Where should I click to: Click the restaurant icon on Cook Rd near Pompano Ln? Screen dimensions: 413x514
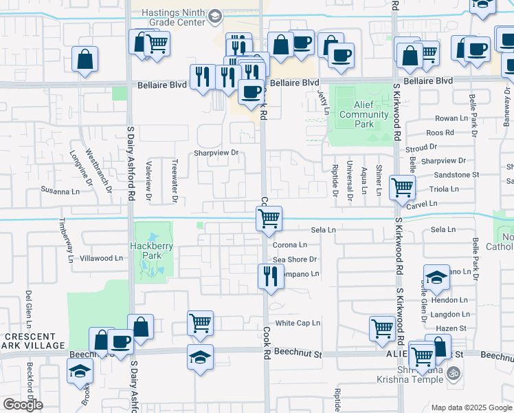269,277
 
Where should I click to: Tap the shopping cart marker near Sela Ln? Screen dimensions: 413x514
269,219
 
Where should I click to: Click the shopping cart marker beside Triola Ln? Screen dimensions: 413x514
401,187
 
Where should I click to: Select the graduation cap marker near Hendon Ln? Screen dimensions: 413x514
436,277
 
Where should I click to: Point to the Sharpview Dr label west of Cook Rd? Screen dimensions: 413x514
215,153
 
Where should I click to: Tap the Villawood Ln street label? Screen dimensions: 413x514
101,258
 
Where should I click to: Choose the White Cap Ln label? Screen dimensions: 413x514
298,323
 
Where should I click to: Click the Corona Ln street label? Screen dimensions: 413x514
289,244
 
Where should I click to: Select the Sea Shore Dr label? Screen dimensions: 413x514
294,260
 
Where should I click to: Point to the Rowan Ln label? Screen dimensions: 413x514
451,118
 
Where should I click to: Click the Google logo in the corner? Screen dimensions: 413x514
23,405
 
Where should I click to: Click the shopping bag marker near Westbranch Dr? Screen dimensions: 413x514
85,60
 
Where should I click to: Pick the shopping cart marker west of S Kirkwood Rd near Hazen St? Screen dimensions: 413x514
382,328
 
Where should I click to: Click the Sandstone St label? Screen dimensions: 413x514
456,175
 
